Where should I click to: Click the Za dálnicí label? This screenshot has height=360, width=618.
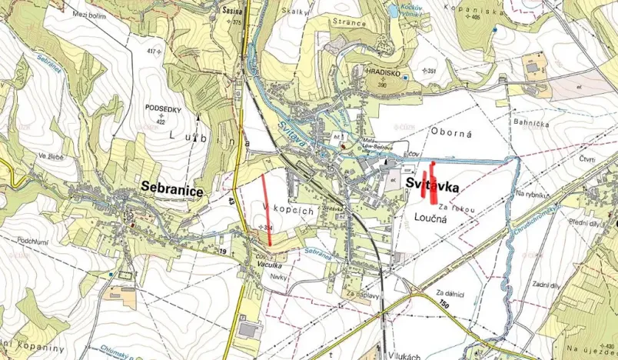450,293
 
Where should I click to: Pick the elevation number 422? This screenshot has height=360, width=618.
161,122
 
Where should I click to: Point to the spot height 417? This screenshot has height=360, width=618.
152,52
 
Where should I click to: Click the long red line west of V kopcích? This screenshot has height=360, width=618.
267,209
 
